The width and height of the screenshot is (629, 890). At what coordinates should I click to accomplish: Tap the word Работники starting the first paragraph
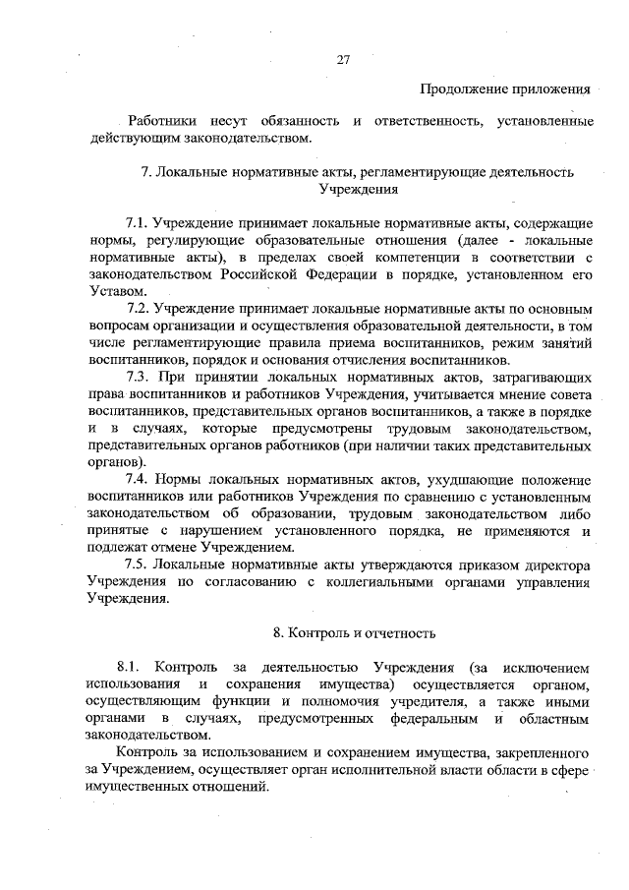[159, 121]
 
